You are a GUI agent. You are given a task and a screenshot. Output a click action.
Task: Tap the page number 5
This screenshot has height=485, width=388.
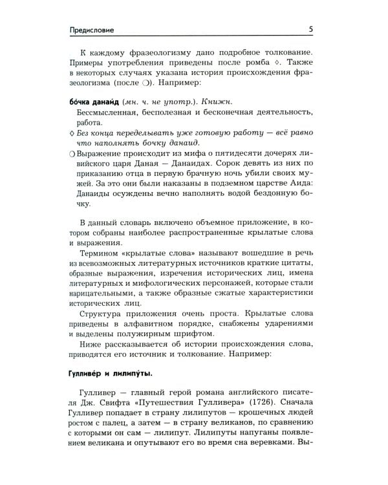click(311, 28)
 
